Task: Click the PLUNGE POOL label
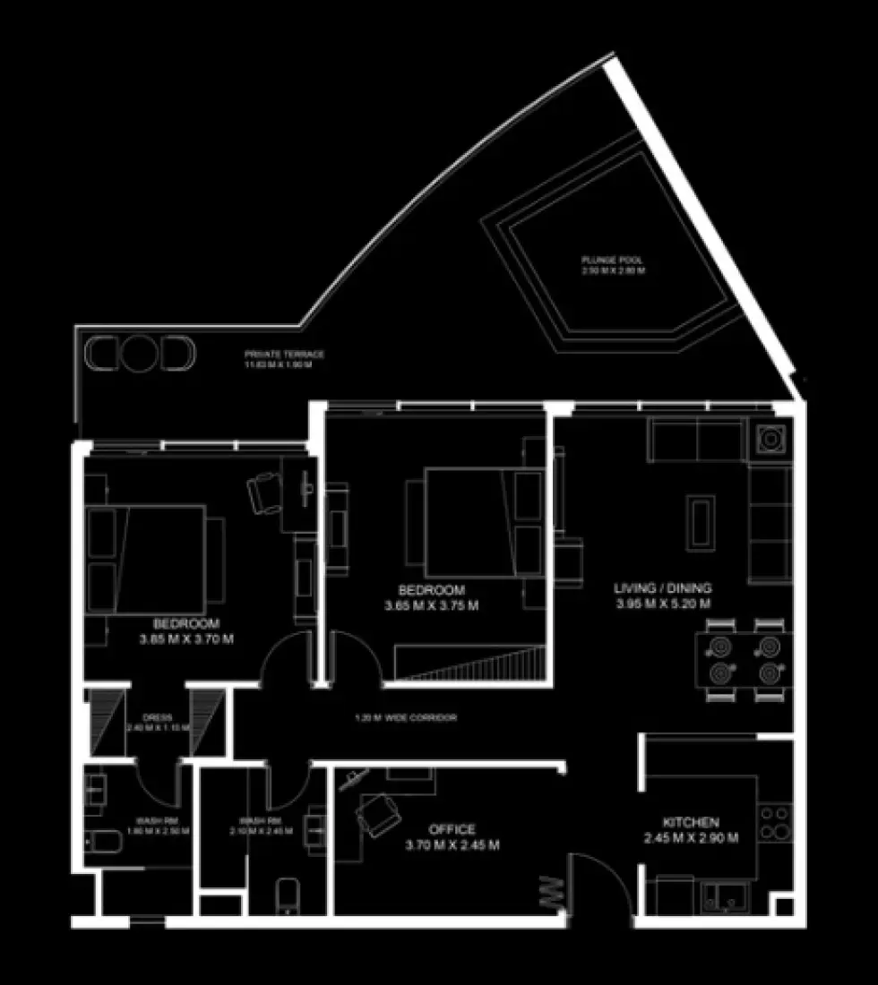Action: tap(614, 261)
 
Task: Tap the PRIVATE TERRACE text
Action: tap(285, 355)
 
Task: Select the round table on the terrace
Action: tap(139, 353)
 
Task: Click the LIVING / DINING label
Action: tap(663, 588)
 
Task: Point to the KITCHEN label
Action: tap(690, 822)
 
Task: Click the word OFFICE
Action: tap(452, 829)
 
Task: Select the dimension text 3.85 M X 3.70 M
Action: tap(186, 639)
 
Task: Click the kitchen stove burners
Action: tap(775, 822)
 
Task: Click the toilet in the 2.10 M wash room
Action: tap(288, 895)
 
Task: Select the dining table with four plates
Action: tap(743, 659)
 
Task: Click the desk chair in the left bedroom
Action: tap(266, 492)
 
